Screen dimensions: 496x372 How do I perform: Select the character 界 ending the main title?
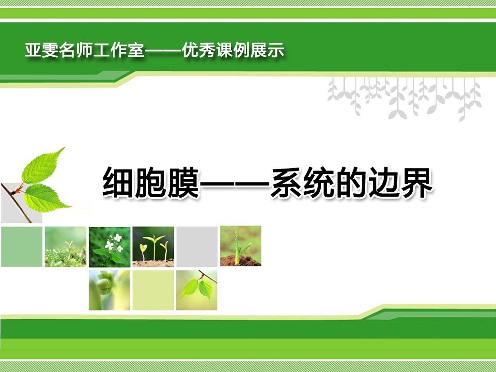tap(417, 183)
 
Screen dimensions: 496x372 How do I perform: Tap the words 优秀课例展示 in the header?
tap(233, 50)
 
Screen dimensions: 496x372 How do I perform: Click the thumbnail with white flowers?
tap(109, 247)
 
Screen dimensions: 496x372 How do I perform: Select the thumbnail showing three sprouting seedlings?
tap(153, 247)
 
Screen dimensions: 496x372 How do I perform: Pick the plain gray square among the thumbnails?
tap(197, 247)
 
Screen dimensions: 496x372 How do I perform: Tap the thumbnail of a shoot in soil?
tap(241, 246)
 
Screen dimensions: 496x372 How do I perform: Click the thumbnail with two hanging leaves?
tap(197, 290)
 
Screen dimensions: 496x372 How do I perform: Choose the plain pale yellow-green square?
tap(153, 290)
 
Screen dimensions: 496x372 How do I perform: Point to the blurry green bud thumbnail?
tap(109, 290)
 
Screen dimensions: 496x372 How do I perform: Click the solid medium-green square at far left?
tap(22, 247)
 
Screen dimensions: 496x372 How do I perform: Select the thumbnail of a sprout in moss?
tap(65, 247)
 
